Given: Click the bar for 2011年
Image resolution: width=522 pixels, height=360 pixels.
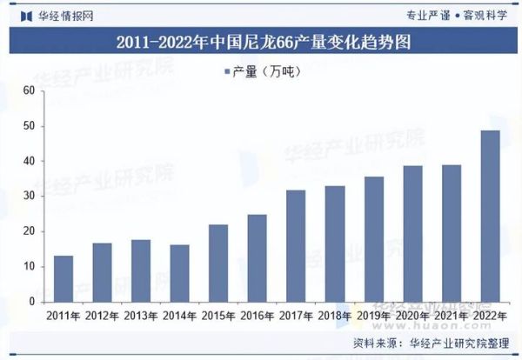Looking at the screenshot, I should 64,278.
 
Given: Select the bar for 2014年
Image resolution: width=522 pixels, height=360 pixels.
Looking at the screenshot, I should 180,273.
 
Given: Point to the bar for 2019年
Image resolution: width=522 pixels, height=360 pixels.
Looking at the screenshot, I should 374,239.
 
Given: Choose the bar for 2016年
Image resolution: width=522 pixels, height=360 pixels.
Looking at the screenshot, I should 258,258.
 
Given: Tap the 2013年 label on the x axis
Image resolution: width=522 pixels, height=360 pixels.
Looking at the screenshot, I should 141,315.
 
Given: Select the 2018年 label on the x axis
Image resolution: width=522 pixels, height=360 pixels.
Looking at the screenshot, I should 335,315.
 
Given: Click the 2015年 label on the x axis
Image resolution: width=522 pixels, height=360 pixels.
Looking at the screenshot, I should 218,315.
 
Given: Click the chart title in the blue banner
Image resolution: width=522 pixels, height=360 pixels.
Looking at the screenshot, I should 262,42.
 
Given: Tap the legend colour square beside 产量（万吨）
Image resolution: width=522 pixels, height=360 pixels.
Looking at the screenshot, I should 227,71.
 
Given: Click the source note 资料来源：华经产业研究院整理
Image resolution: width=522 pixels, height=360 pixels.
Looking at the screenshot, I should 430,343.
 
